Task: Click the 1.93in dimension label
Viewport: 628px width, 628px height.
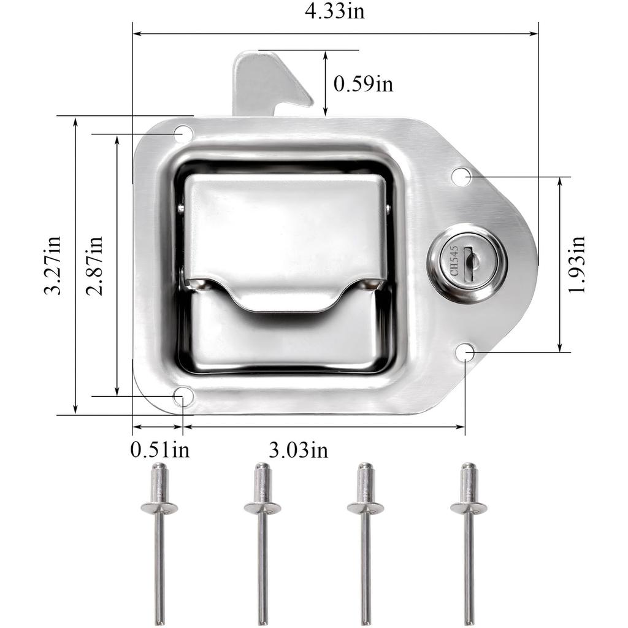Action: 576,264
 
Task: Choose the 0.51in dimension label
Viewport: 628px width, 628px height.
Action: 159,450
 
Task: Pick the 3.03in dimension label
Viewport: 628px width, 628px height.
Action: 298,450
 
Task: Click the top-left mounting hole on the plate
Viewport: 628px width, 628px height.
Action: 183,133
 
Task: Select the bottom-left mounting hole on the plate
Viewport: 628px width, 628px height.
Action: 183,396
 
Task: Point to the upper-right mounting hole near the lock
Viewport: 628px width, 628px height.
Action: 461,177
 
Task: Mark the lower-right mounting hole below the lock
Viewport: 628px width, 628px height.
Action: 465,352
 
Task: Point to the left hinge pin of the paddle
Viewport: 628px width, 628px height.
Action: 180,209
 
